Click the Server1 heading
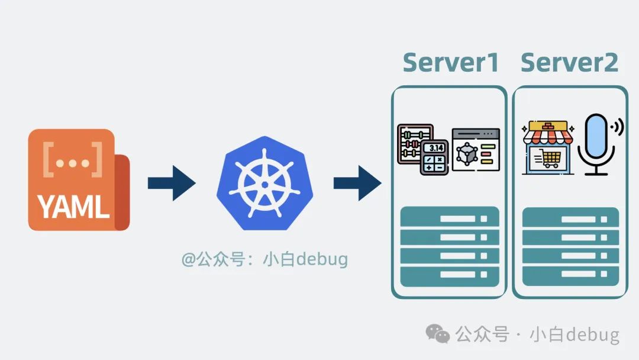click(451, 62)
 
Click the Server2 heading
click(569, 62)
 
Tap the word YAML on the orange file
click(73, 207)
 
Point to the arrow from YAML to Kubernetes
click(171, 183)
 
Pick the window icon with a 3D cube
click(475, 150)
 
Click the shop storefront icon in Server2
click(547, 148)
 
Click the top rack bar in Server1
click(450, 218)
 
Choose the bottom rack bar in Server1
click(450, 275)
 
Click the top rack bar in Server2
click(570, 218)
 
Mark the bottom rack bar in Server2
click(570, 275)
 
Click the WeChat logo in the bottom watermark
click(438, 335)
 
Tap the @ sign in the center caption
click(188, 259)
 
